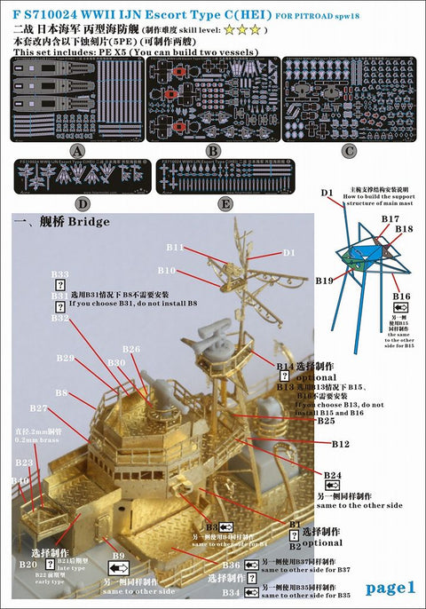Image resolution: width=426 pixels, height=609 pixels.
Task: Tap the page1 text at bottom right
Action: (x=390, y=587)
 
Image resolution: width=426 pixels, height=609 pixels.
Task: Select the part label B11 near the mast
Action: (x=175, y=248)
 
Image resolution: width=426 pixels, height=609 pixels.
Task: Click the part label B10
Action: (x=167, y=270)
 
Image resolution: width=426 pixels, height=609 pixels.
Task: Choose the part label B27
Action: (x=38, y=408)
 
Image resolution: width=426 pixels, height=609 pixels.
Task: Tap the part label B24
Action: (x=331, y=476)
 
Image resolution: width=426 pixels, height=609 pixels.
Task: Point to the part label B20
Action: (x=28, y=564)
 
